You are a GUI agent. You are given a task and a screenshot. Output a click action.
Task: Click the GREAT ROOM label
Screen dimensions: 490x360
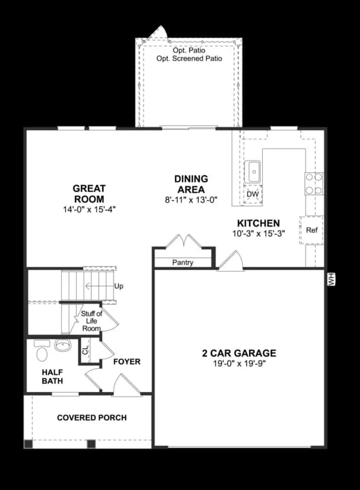pos(88,194)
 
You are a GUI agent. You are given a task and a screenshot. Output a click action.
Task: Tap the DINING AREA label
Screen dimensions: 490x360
pos(192,184)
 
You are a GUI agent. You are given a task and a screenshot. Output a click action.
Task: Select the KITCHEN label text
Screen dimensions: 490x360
pos(258,223)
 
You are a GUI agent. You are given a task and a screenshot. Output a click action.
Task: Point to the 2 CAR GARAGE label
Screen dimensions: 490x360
pos(239,353)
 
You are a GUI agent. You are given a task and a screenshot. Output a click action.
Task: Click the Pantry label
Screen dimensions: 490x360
pos(182,263)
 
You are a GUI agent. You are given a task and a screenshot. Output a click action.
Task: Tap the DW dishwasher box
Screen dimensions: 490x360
pos(252,195)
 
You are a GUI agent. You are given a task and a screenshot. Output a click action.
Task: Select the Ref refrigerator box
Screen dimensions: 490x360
pos(312,230)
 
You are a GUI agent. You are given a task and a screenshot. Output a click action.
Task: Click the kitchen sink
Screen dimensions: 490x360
pos(253,169)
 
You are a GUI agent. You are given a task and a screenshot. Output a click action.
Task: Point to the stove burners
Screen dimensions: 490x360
pos(314,184)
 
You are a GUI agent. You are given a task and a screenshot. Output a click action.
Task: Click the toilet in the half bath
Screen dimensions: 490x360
pos(41,353)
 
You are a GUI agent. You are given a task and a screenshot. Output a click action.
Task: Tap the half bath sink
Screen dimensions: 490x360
pos(63,344)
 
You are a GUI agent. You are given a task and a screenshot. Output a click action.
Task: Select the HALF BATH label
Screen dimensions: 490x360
pos(52,377)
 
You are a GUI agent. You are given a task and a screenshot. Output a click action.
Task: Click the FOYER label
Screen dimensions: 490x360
pos(127,361)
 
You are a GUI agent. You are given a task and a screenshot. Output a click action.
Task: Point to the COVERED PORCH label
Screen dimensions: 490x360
pos(92,417)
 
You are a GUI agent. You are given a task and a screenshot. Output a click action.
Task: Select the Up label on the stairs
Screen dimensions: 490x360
pos(119,286)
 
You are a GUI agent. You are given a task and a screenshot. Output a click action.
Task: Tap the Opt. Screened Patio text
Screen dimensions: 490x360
pos(189,59)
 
